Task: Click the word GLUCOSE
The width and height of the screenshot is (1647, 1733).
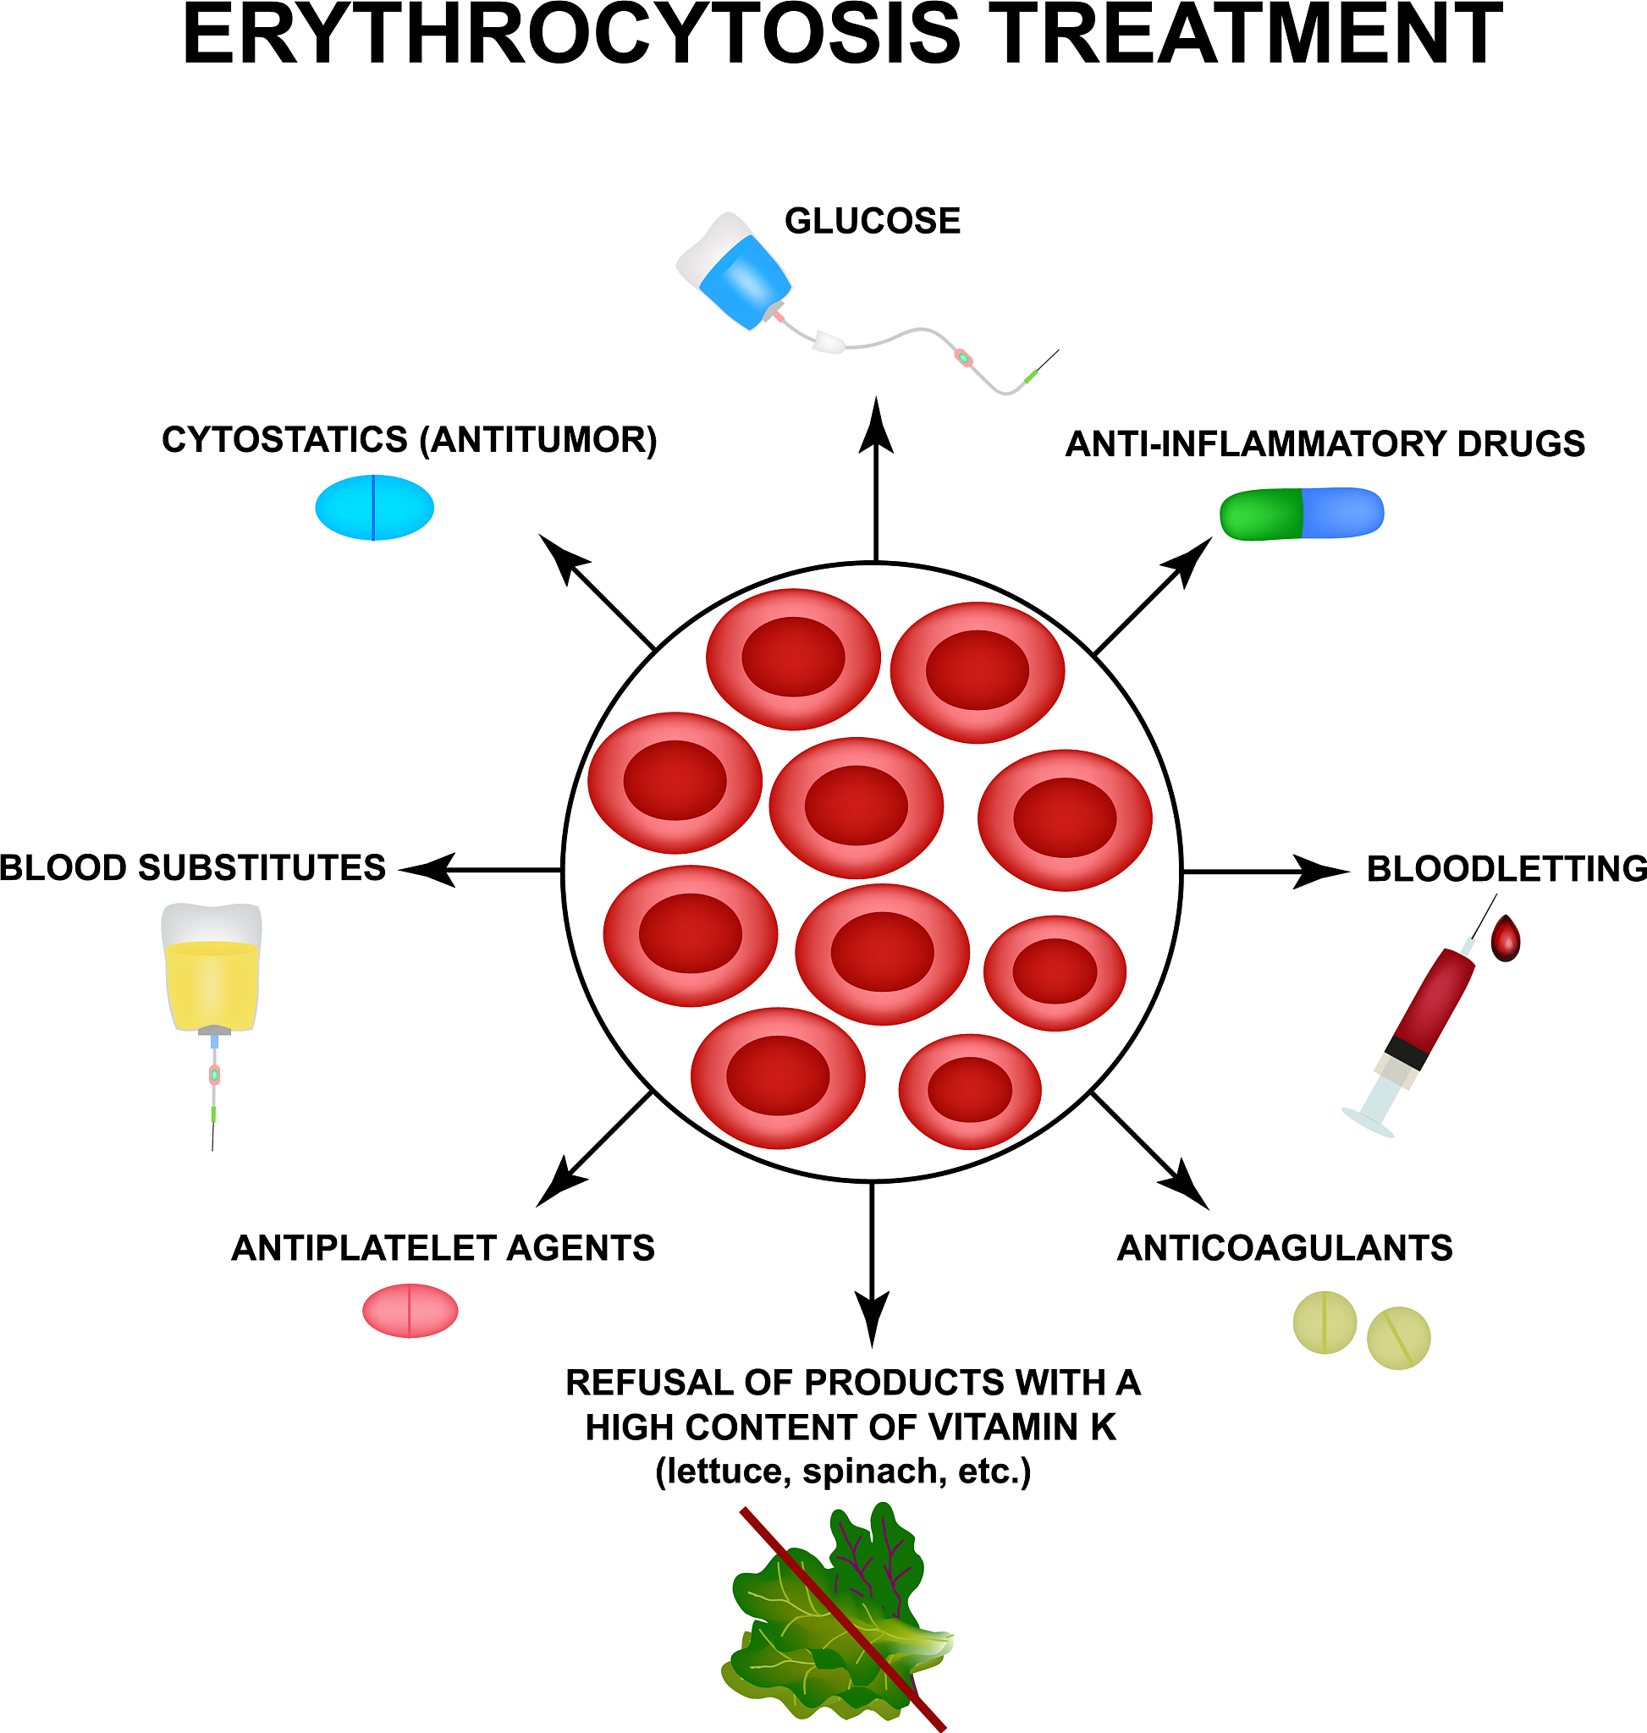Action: pos(872,221)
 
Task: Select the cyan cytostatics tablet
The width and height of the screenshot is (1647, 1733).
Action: pos(374,508)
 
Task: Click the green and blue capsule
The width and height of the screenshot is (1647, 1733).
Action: pos(1301,514)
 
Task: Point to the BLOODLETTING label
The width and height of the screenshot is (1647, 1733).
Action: pos(1507,868)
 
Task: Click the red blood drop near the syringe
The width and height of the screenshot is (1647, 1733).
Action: pos(1506,940)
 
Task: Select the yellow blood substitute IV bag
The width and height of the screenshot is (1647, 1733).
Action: pos(212,975)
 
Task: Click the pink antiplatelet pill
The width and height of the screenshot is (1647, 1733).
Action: pos(410,1311)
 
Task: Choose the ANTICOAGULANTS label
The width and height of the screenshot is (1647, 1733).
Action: pos(1285,1247)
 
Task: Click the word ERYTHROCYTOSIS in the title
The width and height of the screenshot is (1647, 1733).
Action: pos(571,35)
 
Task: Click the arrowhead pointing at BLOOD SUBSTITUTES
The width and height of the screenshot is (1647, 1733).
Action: pos(428,870)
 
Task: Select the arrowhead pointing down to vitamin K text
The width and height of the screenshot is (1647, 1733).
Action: pos(872,1318)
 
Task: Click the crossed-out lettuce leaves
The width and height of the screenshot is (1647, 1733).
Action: pos(834,1624)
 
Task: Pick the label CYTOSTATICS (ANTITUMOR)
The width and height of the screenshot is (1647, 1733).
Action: pos(409,440)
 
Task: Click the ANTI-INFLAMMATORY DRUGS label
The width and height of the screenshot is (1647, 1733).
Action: pos(1325,444)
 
